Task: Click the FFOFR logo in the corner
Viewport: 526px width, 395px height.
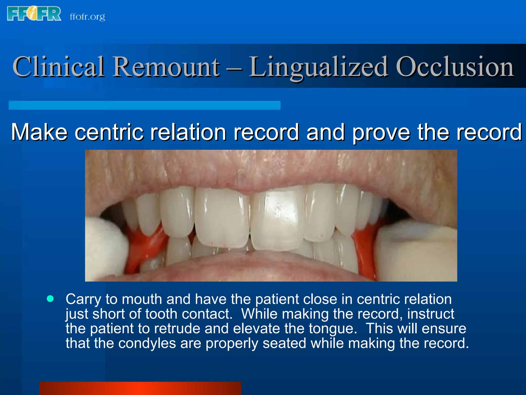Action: tap(34, 14)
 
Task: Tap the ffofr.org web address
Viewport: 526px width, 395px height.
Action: tap(87, 17)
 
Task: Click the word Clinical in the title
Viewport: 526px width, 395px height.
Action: tap(59, 67)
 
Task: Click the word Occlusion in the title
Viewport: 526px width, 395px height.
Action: tap(455, 67)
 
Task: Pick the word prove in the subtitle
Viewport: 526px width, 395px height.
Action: tap(381, 133)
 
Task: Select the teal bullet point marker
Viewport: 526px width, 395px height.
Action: tap(50, 299)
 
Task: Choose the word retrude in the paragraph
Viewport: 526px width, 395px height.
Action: tap(177, 329)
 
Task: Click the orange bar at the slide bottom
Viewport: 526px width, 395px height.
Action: tap(140, 388)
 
